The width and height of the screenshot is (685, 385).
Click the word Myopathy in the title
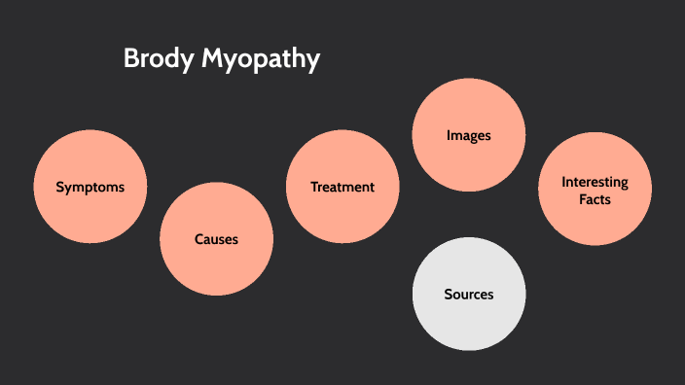coord(261,60)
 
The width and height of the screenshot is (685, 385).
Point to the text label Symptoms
coord(90,187)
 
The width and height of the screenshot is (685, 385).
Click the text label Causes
coord(216,239)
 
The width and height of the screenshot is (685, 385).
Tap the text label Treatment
coord(342,187)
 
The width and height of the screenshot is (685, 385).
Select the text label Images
coord(468,136)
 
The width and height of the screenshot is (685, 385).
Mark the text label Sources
coord(468,294)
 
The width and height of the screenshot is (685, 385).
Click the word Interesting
coord(595,182)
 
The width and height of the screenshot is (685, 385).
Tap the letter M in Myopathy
coord(212,59)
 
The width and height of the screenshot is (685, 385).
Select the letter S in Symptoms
coord(59,187)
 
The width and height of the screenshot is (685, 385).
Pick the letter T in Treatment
coord(314,187)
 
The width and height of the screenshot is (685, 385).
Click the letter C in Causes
coord(198,239)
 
